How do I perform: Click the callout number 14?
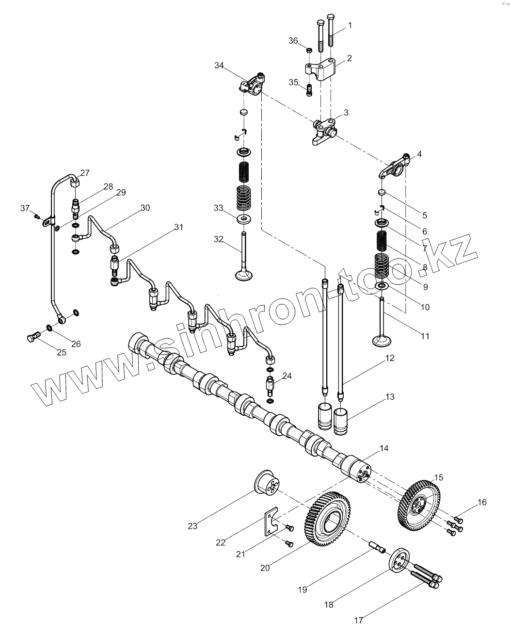[x=384, y=449]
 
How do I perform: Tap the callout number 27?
[x=85, y=173]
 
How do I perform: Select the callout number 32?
[x=219, y=239]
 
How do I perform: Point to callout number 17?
[x=359, y=620]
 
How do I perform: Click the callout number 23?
[x=192, y=525]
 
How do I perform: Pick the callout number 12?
[x=390, y=359]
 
